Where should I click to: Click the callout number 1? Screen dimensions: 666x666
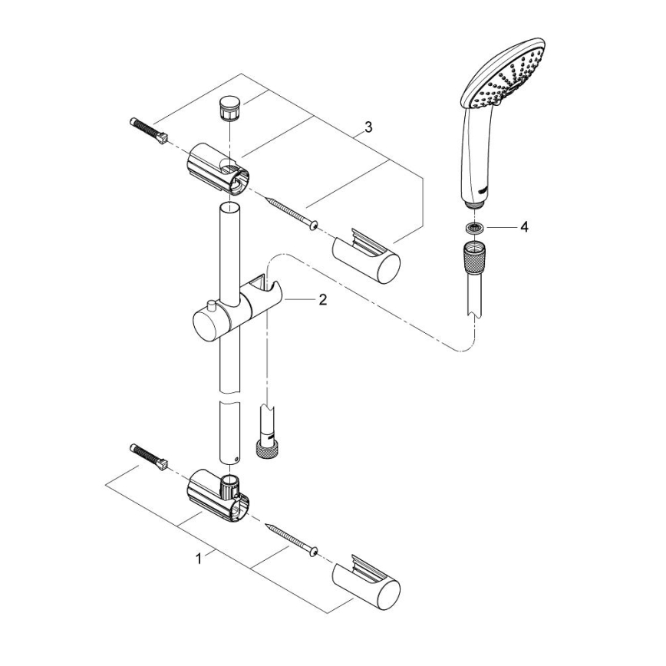[x=199, y=559]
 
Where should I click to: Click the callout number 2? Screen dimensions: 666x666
[x=322, y=300]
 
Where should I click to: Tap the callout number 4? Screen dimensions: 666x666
[x=524, y=227]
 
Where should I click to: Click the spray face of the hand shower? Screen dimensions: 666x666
[x=509, y=84]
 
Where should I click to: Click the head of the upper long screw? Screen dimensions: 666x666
[x=313, y=223]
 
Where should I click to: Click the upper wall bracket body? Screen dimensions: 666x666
[x=216, y=165]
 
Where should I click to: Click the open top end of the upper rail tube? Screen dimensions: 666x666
[x=228, y=208]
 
